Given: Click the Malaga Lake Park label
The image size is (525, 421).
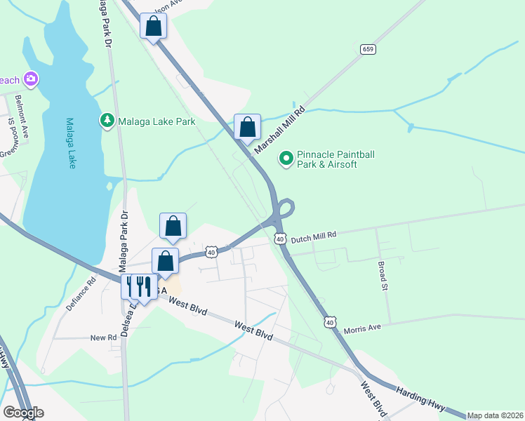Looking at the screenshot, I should click(x=156, y=121).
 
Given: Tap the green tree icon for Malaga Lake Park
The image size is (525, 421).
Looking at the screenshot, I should click(x=107, y=121).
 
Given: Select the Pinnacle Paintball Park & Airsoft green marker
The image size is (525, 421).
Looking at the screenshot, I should click(x=286, y=159).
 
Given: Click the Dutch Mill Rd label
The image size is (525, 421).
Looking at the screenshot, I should click(x=314, y=235).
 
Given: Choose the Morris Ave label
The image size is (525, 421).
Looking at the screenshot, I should click(x=362, y=328).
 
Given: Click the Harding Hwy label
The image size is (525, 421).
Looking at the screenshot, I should click(x=420, y=398).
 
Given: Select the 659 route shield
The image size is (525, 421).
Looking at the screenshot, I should click(x=368, y=49).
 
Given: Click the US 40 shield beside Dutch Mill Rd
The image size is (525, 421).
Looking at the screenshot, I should click(x=280, y=239).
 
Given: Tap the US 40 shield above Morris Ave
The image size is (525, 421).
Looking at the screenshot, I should click(x=329, y=321).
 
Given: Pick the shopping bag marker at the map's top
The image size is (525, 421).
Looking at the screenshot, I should click(x=154, y=27).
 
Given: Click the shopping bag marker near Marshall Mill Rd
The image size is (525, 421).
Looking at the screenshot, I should click(x=247, y=128).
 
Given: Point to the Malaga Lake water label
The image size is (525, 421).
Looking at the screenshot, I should click(x=71, y=142).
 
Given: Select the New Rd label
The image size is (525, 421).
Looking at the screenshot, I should click(x=103, y=338).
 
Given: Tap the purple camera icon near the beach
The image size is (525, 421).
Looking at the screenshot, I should click(x=30, y=78).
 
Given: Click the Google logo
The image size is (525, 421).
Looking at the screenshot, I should click(x=23, y=413).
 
